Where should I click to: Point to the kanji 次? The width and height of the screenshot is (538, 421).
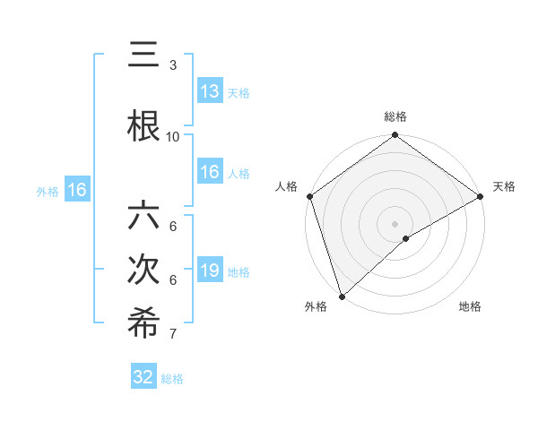point(143,271)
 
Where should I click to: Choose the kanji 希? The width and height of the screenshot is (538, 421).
point(143,324)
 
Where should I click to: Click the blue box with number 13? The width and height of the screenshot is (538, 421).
point(210,91)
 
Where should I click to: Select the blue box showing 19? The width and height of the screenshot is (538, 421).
point(210,271)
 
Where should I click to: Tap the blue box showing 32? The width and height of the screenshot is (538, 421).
point(144,377)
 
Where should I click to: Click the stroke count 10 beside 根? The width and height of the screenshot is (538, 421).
point(173,136)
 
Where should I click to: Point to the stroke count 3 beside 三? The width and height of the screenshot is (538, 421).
point(173,65)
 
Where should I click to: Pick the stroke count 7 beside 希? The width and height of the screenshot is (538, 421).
point(173,334)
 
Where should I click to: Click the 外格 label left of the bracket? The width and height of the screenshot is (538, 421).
point(48,191)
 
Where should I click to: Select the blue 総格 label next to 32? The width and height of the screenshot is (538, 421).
point(172,379)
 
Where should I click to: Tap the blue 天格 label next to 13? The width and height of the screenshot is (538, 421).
point(239,92)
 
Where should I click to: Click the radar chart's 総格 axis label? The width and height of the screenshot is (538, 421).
point(395,116)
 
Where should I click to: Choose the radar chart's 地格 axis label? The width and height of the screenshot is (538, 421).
point(470,307)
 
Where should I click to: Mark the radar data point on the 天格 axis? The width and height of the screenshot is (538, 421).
point(481,196)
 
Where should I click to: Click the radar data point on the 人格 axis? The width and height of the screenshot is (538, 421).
point(309,196)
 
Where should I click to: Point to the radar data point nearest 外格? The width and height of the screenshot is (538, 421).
point(342,296)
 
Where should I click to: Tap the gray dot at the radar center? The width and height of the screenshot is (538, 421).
point(395,223)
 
